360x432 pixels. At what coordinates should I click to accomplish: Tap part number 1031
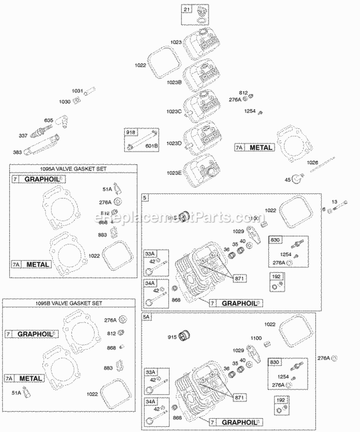[77, 91]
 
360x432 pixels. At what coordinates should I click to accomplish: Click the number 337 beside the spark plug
[23, 136]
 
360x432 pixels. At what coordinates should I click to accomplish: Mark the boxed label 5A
[146, 317]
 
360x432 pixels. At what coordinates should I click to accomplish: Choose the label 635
[48, 120]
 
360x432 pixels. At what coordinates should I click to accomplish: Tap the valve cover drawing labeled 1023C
[202, 103]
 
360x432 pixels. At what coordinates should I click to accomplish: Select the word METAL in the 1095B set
[32, 378]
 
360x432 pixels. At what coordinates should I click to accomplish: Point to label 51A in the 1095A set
[106, 188]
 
